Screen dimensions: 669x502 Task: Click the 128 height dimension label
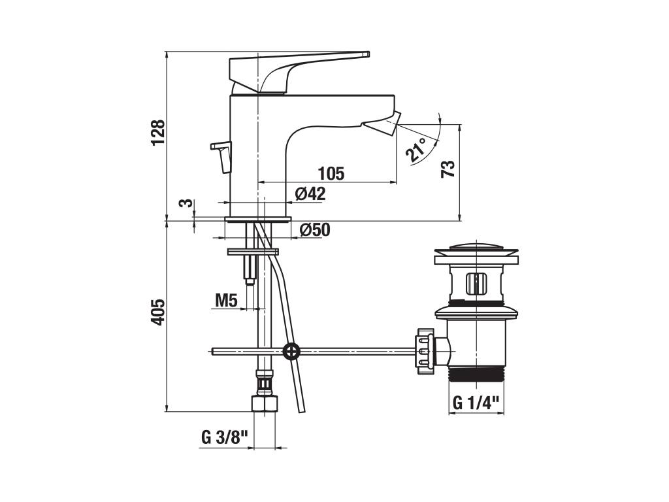coord(158,133)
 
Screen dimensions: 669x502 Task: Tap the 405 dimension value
coord(158,312)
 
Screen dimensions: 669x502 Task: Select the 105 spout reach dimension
coord(331,174)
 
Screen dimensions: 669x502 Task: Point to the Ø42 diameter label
coord(310,193)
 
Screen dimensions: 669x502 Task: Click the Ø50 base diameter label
coord(315,230)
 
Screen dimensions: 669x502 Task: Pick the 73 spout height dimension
coord(448,169)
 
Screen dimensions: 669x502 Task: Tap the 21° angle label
coord(416,150)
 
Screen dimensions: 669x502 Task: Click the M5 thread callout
coord(226,301)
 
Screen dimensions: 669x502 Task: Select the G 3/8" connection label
coord(225,437)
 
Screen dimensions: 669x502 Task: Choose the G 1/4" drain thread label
coord(476,403)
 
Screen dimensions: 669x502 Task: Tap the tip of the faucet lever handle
coord(368,54)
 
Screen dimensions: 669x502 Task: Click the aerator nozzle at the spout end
coord(382,124)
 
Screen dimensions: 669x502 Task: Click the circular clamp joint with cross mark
coord(291,352)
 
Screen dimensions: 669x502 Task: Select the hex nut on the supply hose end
coord(264,404)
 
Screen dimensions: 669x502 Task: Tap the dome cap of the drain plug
coord(476,248)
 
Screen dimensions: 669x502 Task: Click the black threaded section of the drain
coord(476,375)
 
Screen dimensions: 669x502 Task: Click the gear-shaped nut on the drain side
coord(425,351)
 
